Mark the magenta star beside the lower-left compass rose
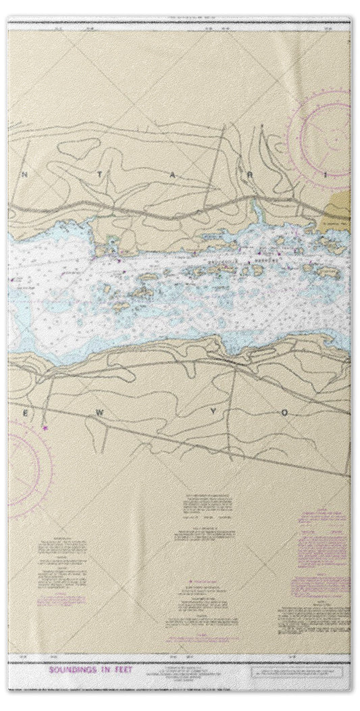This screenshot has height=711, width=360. coord(45,428)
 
